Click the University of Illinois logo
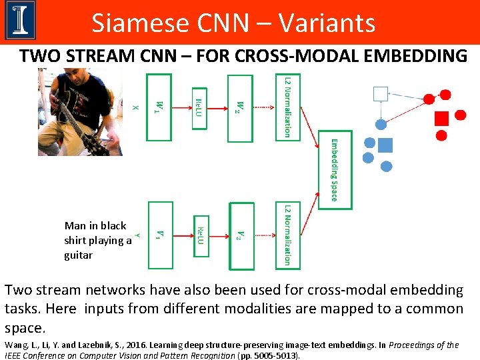20,21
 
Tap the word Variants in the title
327,23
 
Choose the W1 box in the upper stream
159,106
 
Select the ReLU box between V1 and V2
200,235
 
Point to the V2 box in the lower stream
241,235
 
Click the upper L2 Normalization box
288,105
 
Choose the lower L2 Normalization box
288,235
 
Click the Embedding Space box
334,171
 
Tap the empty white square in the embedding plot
381,93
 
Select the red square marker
441,119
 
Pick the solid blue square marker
385,145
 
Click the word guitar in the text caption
79,255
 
